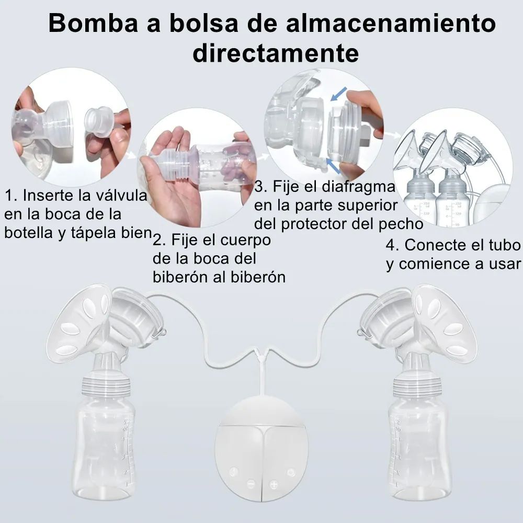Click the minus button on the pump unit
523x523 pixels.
point(251,483)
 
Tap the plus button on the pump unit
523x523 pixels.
point(274,484)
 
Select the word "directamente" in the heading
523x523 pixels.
point(276,53)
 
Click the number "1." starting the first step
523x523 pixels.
point(11,196)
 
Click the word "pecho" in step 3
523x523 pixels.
point(401,224)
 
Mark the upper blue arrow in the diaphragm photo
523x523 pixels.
point(338,94)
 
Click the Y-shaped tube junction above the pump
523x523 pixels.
point(262,357)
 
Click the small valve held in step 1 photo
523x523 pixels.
point(99,121)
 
